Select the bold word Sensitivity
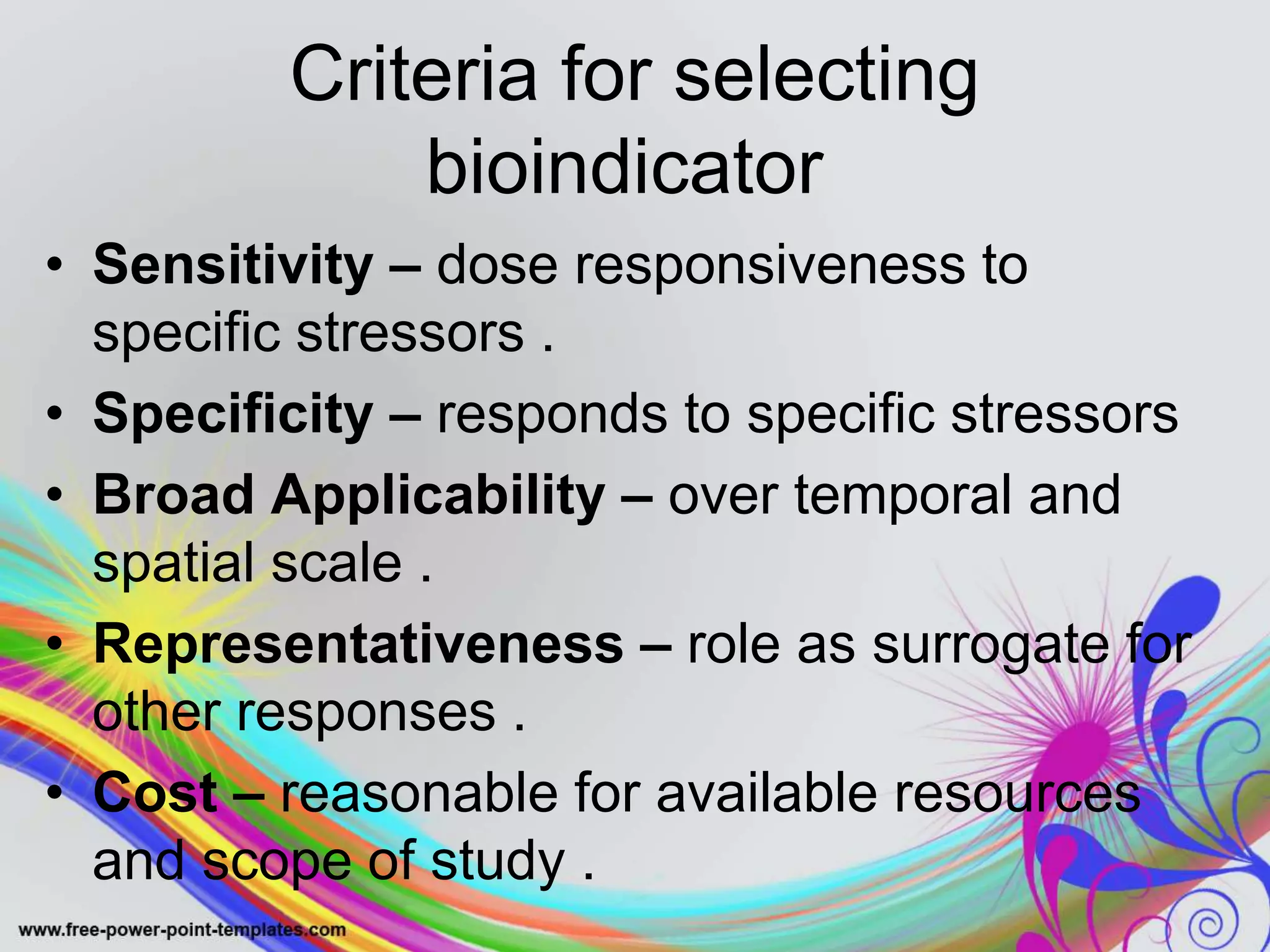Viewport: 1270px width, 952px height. tap(233, 265)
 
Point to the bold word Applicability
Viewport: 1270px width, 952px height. tap(438, 496)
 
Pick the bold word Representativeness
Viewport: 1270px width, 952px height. tap(358, 645)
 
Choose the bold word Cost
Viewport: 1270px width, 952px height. tap(155, 793)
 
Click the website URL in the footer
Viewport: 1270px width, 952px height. tap(182, 930)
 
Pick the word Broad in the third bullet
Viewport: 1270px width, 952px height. tap(174, 496)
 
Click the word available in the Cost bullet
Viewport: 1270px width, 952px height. tap(766, 793)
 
